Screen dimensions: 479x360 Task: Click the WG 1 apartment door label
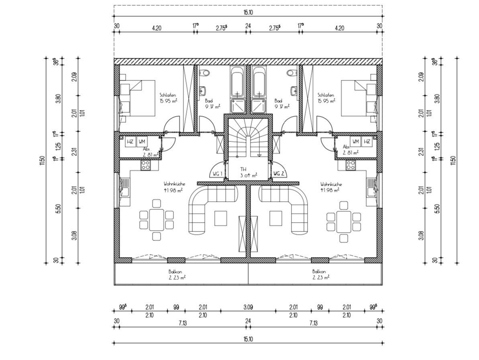217,174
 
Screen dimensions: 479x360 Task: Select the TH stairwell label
243,169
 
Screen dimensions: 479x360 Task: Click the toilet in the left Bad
205,73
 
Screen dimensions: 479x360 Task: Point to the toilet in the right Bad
292,73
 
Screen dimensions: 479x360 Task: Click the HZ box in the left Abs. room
130,141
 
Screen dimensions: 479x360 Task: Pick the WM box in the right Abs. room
356,141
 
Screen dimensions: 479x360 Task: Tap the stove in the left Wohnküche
145,165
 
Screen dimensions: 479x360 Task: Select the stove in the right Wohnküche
351,165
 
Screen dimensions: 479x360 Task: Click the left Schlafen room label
168,95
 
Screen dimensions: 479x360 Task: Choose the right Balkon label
319,271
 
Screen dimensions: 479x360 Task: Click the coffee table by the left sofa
220,218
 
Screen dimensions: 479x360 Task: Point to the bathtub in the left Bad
237,81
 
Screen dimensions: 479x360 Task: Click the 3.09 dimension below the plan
248,307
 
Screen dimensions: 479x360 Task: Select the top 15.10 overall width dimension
248,12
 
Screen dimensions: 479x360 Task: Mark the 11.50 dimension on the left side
42,160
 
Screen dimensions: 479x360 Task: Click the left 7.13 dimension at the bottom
182,323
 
